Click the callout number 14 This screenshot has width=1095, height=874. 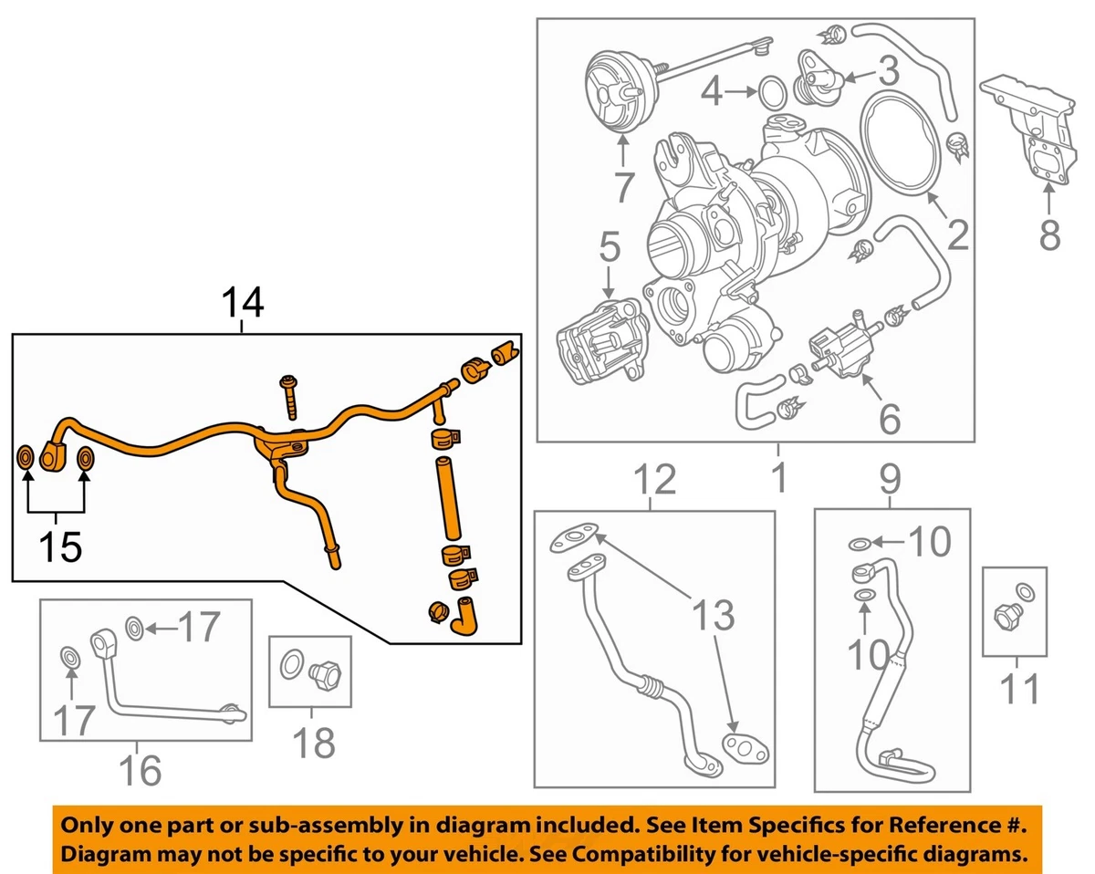click(242, 304)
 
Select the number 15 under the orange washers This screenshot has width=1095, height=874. click(59, 546)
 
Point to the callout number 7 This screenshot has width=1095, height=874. click(623, 186)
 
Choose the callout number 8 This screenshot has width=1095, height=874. click(1049, 235)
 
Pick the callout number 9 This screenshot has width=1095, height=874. click(890, 478)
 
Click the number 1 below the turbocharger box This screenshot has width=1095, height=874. click(778, 478)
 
